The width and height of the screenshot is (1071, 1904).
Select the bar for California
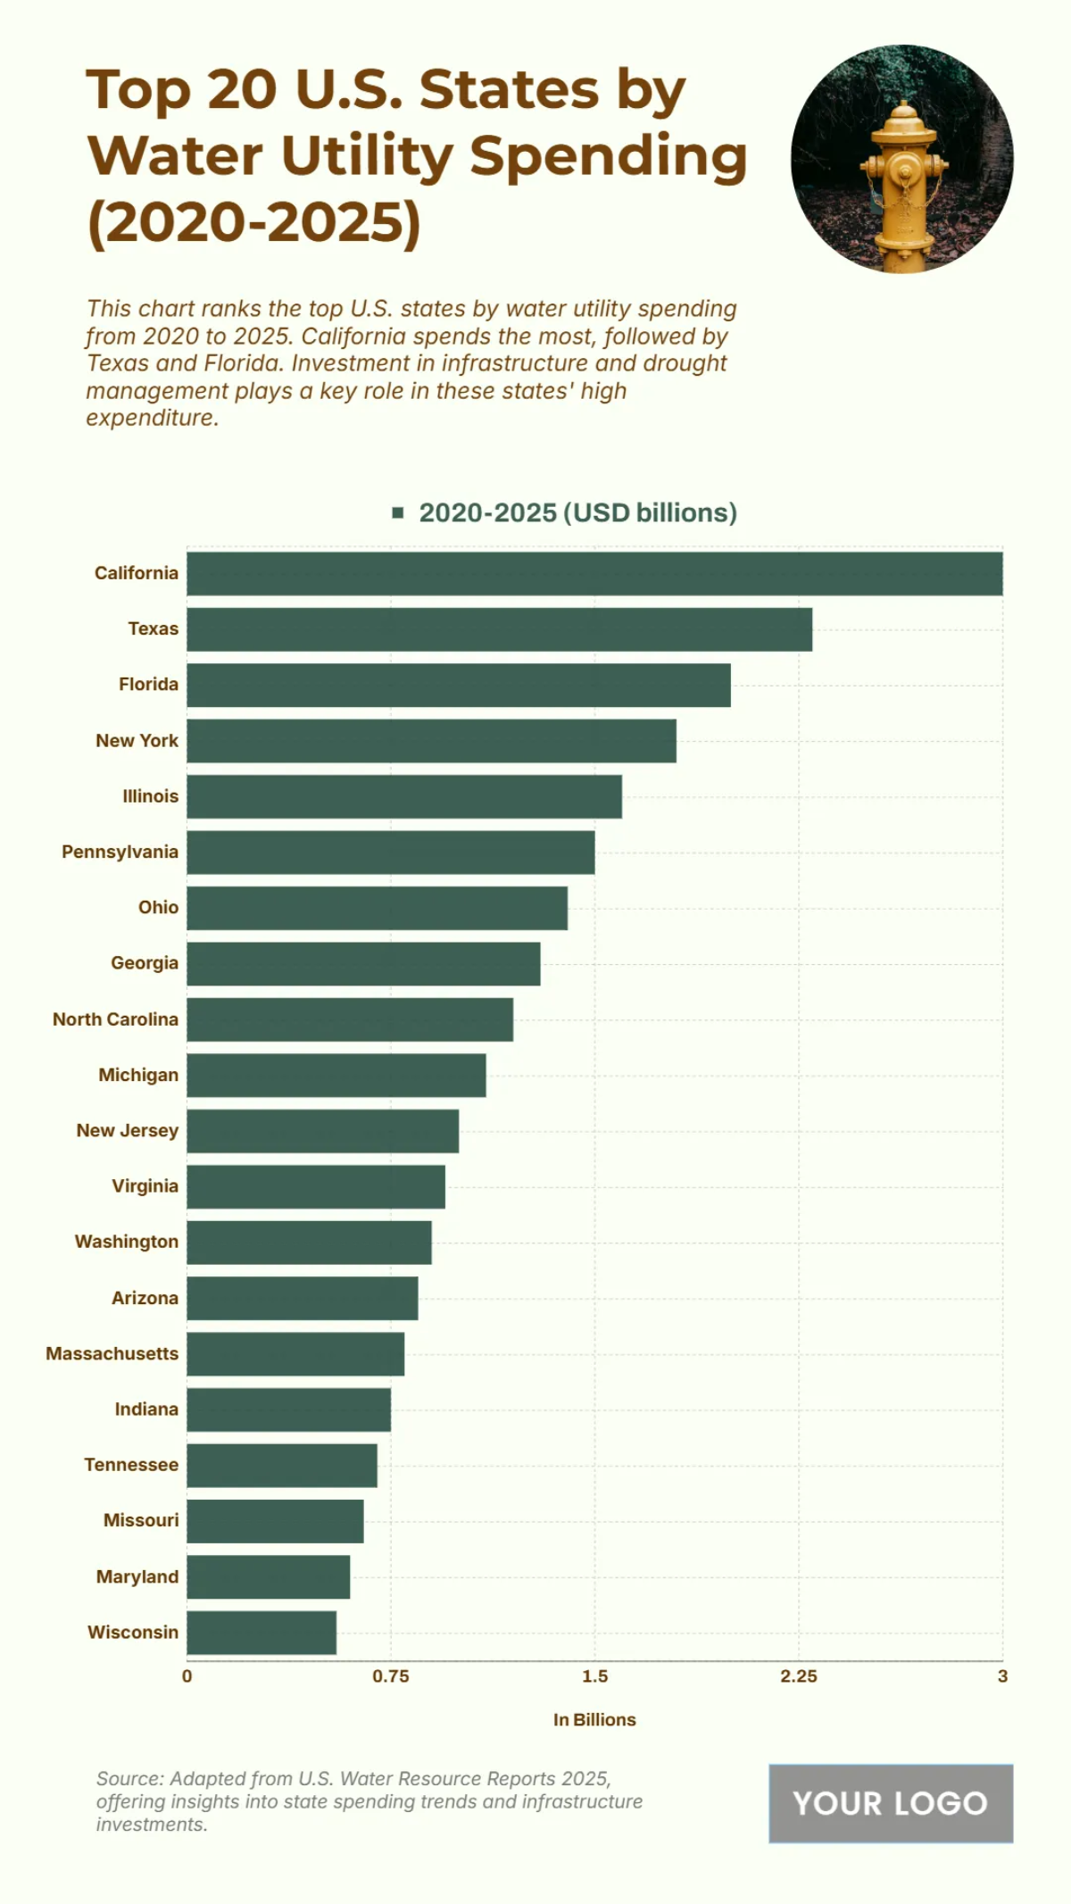pyautogui.click(x=594, y=573)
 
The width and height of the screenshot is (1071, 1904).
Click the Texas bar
pyautogui.click(x=500, y=629)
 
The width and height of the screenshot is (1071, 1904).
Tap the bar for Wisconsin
pyautogui.click(x=262, y=1633)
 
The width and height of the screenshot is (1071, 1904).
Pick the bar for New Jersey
pyautogui.click(x=322, y=1131)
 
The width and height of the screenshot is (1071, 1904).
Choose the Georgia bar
pyautogui.click(x=363, y=964)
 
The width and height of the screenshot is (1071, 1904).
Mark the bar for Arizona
pyautogui.click(x=302, y=1298)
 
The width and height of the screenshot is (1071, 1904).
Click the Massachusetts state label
pyautogui.click(x=112, y=1353)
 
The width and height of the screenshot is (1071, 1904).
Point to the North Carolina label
pyautogui.click(x=115, y=1019)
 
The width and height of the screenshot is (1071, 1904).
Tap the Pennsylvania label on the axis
pyautogui.click(x=120, y=852)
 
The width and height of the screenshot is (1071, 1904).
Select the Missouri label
pyautogui.click(x=141, y=1520)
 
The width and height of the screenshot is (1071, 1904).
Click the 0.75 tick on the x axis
pyautogui.click(x=391, y=1676)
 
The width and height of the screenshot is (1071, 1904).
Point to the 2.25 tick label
pyautogui.click(x=799, y=1676)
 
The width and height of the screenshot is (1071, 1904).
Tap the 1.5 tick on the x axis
pyautogui.click(x=594, y=1676)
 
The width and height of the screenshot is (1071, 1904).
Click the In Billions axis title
pyautogui.click(x=594, y=1720)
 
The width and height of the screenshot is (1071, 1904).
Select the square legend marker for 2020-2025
pyautogui.click(x=398, y=512)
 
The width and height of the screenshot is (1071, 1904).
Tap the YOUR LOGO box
pyautogui.click(x=891, y=1803)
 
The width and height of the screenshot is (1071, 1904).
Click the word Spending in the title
pyautogui.click(x=609, y=156)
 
